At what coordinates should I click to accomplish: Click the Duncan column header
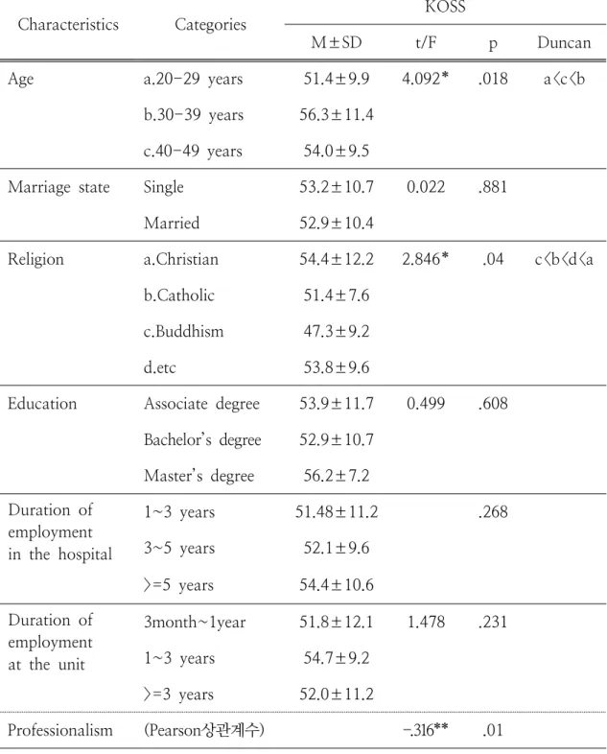click(x=564, y=42)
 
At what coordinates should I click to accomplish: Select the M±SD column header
click(x=336, y=42)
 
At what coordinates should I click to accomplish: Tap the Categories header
click(x=210, y=25)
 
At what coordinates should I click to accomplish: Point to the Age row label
click(x=21, y=80)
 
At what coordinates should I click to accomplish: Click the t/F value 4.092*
click(x=426, y=79)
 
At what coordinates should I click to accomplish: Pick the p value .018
click(x=493, y=79)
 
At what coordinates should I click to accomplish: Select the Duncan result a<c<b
click(x=564, y=79)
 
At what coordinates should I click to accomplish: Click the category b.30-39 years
click(x=193, y=115)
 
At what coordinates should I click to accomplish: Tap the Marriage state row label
click(x=58, y=187)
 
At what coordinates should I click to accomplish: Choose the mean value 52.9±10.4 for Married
click(x=337, y=224)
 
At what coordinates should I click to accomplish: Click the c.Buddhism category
click(x=183, y=331)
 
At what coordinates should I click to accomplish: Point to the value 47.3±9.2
click(x=337, y=331)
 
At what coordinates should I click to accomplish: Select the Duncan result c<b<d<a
click(x=564, y=260)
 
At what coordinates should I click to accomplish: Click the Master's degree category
click(x=198, y=476)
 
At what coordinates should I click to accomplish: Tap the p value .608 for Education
click(x=493, y=404)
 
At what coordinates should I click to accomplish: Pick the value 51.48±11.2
click(x=337, y=511)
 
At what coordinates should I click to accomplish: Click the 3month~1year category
click(x=195, y=623)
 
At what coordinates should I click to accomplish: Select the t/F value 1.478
click(x=426, y=622)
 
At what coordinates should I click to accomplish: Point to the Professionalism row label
click(x=60, y=730)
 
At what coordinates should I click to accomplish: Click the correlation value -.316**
click(x=426, y=730)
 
